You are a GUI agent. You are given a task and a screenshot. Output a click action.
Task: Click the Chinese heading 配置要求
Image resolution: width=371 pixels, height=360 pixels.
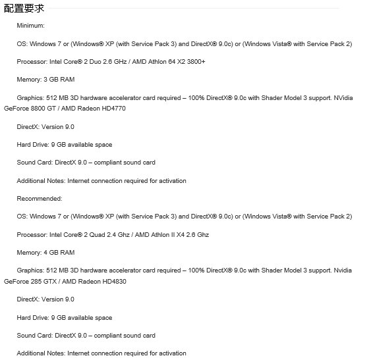[24, 8]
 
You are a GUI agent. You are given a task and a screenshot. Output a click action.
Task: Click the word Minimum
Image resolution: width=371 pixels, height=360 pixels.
[30, 26]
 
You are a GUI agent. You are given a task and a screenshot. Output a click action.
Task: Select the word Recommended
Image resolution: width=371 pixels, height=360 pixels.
[40, 199]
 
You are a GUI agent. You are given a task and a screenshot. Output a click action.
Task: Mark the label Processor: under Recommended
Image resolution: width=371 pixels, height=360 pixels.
[30, 235]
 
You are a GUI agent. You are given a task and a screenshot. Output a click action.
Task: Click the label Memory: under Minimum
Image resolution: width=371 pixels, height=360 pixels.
[28, 80]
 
